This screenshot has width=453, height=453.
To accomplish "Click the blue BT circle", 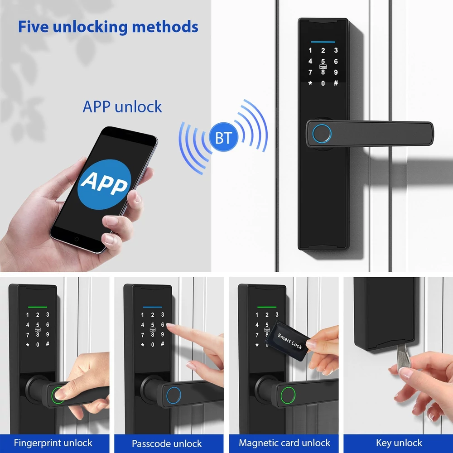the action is tap(223, 137).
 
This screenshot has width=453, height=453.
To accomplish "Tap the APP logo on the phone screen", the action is tap(104, 184).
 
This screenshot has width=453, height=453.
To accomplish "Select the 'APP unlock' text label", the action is tap(122, 107).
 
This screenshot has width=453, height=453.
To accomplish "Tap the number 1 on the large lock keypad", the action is tap(310, 51).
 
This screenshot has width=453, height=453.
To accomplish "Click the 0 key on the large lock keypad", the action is tap(323, 83).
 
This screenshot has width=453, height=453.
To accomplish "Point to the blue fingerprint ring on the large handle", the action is tap(322, 134).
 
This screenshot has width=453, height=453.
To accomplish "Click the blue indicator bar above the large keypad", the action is tap(323, 42).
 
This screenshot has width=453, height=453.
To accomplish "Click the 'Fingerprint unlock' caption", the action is tap(53, 443).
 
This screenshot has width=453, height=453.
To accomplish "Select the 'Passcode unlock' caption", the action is tap(167, 443).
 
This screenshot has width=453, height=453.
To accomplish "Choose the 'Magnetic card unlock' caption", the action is tap(284, 443).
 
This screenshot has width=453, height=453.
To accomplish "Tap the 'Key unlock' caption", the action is tap(399, 443).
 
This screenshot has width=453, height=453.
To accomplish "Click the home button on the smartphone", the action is tap(77, 239).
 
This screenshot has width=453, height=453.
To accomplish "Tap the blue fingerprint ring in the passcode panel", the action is tap(173, 395).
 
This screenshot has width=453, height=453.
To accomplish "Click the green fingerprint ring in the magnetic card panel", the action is tap(288, 395).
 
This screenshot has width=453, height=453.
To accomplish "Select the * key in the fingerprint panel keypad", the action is tap(28, 345).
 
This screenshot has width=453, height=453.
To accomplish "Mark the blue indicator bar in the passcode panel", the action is tap(153, 307).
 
